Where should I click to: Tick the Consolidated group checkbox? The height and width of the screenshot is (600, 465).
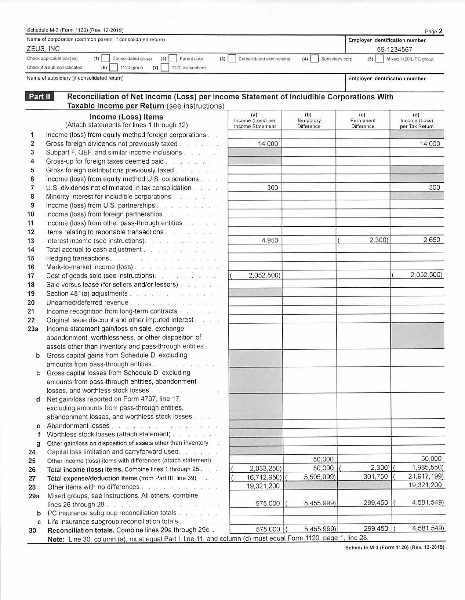pos(106,59)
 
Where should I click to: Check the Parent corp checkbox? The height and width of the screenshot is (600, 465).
pos(173,59)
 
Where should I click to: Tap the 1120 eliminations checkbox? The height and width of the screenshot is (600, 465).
pos(165,68)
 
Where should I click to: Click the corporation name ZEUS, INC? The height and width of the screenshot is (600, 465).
pos(43,49)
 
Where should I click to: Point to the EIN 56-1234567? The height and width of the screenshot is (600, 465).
pos(394,50)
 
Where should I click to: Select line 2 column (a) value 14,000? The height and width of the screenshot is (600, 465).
pos(268,144)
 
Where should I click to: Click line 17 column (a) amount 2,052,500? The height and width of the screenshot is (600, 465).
pos(264,275)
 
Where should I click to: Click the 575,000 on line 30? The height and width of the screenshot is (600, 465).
pos(268,529)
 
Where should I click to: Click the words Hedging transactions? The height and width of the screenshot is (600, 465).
pos(77,258)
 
